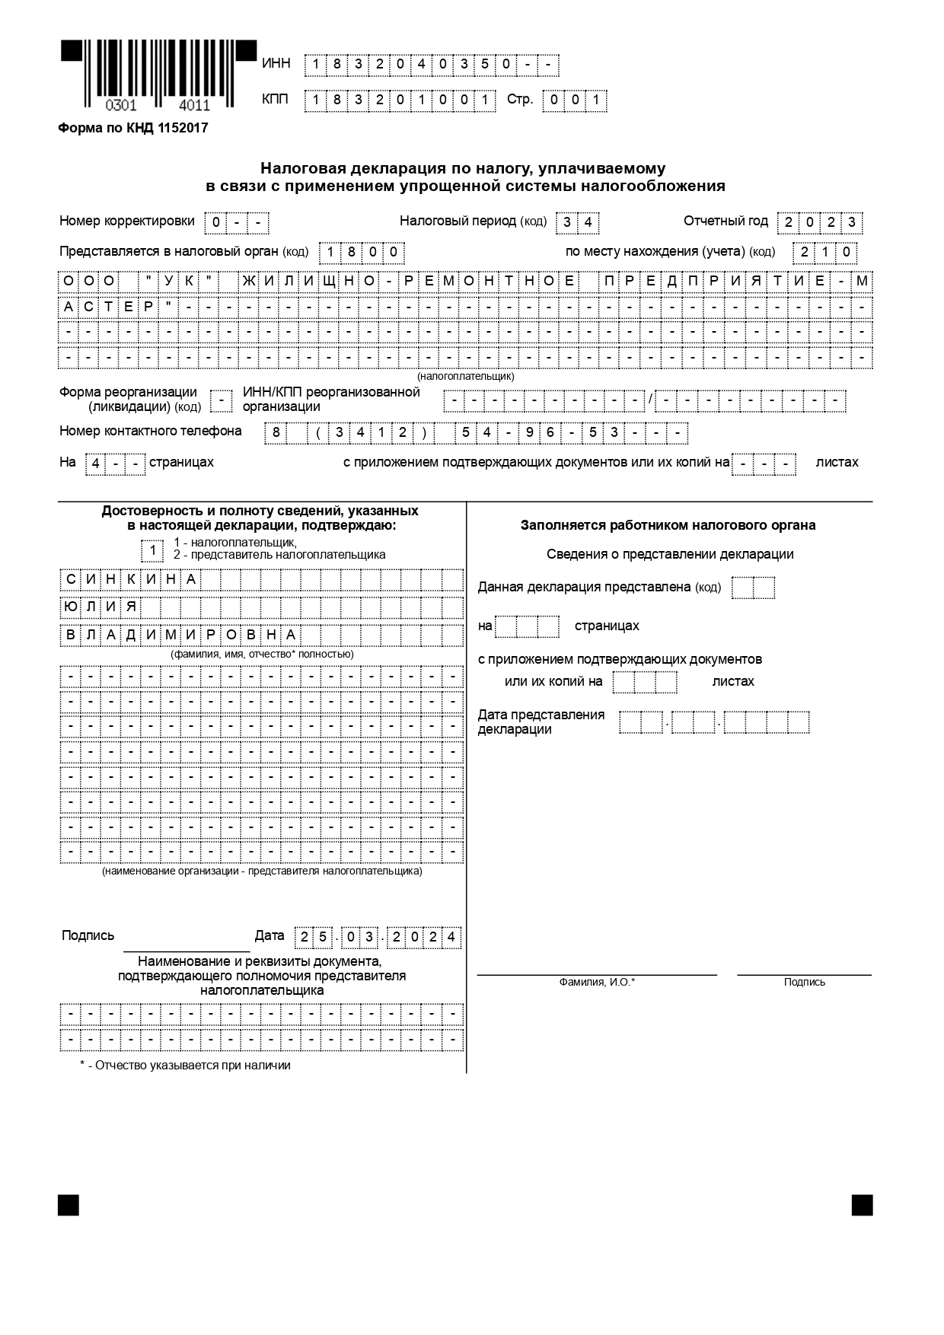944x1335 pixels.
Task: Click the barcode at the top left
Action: [158, 76]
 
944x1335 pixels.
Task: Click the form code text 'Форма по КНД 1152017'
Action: [133, 128]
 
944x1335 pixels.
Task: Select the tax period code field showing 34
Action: [577, 223]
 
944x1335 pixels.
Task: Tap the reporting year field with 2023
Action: [819, 223]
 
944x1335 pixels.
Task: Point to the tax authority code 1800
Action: [361, 252]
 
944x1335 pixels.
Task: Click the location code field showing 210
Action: [825, 252]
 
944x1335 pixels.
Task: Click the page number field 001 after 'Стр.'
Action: [575, 100]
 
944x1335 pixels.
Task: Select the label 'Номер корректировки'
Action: [127, 221]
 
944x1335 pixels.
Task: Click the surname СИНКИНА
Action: [131, 580]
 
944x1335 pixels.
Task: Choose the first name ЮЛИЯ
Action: [100, 607]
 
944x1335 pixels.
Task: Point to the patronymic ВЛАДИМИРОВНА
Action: [180, 635]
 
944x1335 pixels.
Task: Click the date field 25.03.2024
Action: [378, 937]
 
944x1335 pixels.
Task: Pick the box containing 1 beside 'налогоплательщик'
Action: [152, 550]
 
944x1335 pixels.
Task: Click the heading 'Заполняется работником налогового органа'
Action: [668, 525]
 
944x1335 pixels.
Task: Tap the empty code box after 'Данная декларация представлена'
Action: [753, 588]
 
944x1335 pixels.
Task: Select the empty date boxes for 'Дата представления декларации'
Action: [714, 722]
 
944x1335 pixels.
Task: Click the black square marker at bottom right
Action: [862, 1206]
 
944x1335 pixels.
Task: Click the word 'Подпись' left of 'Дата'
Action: [88, 936]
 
